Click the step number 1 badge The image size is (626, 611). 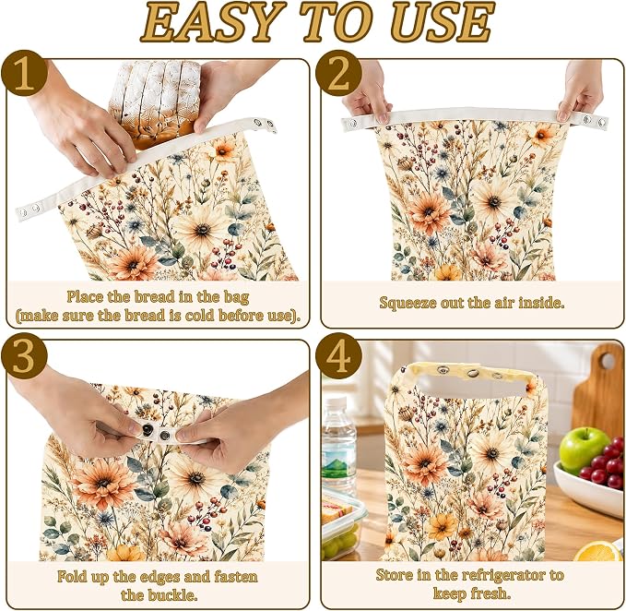[x=24, y=74]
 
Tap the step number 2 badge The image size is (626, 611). [x=339, y=74]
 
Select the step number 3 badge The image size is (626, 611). [x=24, y=356]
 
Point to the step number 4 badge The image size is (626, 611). [x=339, y=356]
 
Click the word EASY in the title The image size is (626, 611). [x=210, y=22]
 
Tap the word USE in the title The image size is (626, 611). [x=443, y=22]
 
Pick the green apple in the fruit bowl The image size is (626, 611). [x=584, y=450]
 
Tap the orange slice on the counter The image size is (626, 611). [x=599, y=551]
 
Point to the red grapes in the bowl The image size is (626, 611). [x=604, y=463]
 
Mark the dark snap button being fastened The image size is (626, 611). [x=147, y=430]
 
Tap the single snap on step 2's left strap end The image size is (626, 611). [x=352, y=124]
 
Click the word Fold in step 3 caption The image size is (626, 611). [x=71, y=577]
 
